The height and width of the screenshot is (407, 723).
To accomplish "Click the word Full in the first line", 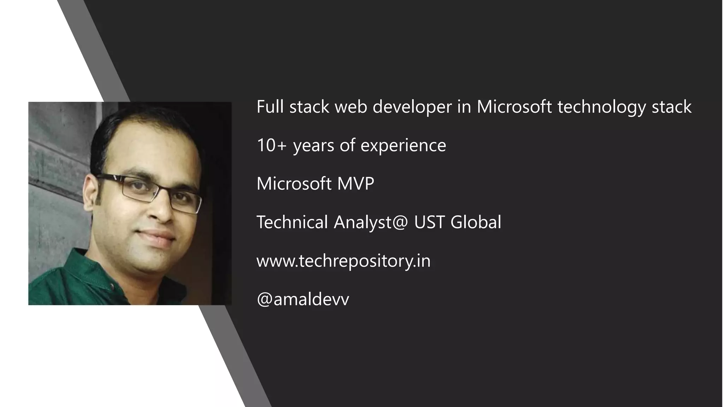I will point(270,107).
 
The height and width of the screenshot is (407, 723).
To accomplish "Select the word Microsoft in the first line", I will point(514,107).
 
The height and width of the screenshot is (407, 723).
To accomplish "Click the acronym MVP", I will point(355,184).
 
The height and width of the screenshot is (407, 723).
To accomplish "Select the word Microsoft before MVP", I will point(294,184).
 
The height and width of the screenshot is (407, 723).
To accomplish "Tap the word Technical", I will point(292,222).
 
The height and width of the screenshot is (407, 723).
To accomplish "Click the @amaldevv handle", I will point(303,299).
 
